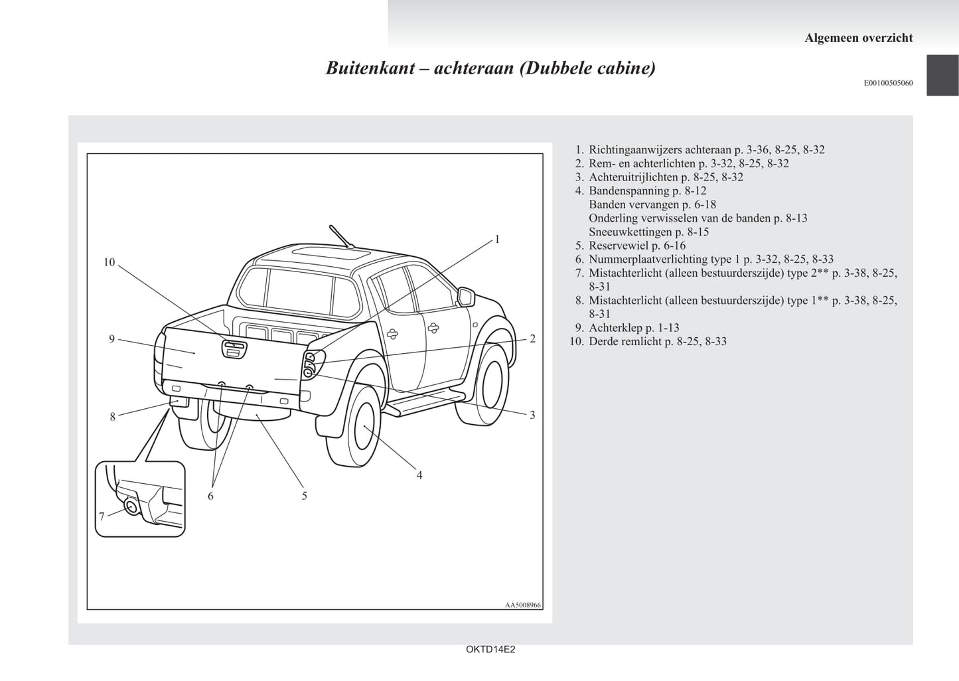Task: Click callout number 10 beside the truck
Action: (x=110, y=263)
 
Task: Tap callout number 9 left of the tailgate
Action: (x=112, y=339)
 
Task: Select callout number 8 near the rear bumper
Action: (x=113, y=417)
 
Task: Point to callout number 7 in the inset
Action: (x=102, y=516)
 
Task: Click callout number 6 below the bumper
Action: (x=210, y=496)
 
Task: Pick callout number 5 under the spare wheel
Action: (x=305, y=496)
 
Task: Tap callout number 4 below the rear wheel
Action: (x=419, y=475)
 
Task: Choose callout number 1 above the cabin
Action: (x=497, y=240)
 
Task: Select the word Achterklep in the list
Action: (x=615, y=328)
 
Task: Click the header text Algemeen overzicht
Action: (x=858, y=38)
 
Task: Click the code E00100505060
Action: (x=888, y=83)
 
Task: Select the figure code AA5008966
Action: (x=523, y=605)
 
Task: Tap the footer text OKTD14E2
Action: (x=490, y=650)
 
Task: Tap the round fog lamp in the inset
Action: (x=132, y=508)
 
